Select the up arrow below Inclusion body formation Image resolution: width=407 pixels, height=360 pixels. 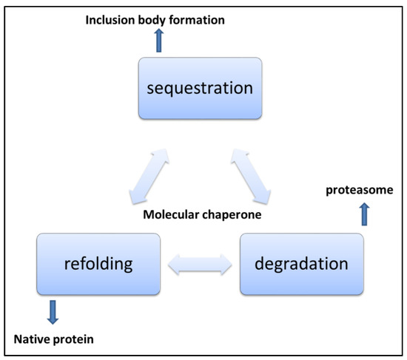(158, 40)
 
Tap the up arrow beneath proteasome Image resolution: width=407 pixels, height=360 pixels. (362, 214)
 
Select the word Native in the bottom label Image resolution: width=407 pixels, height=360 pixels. (35, 339)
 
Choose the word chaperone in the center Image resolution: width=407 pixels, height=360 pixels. (238, 215)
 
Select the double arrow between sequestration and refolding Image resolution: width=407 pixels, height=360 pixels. (147, 176)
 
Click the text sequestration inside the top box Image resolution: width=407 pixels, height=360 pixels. (200, 88)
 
